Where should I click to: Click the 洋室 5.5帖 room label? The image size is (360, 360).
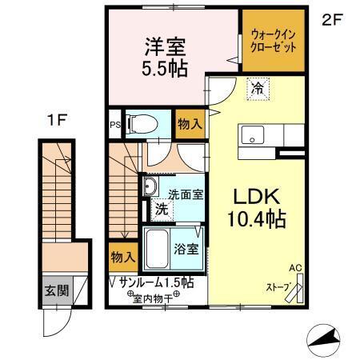coord(166,56)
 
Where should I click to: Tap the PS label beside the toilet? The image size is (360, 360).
coord(114,124)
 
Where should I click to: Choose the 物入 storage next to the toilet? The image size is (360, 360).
coord(188,124)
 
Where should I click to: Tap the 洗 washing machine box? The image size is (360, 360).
coord(162,211)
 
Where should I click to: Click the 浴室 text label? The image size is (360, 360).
coord(188,249)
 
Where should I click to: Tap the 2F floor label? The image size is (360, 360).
coord(331,22)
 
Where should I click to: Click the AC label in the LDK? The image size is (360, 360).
coord(294,268)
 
